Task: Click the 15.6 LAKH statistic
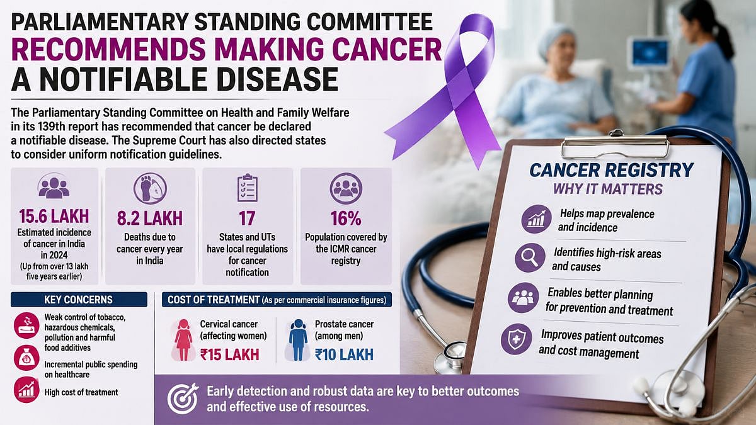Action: (54, 216)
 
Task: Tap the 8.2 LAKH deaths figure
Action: (150, 218)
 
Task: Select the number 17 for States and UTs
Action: (247, 218)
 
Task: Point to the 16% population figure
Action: (346, 218)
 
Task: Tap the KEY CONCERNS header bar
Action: (79, 300)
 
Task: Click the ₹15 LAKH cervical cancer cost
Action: (229, 354)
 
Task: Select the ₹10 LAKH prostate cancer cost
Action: (344, 354)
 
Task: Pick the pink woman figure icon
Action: (183, 340)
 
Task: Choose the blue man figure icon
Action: (299, 340)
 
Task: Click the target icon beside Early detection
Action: (183, 399)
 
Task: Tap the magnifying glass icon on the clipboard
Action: (530, 258)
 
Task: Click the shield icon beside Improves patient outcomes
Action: (517, 339)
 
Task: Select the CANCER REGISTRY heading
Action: (612, 169)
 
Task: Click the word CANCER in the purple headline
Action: (387, 49)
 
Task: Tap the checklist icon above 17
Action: (248, 188)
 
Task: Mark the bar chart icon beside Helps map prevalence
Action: (537, 219)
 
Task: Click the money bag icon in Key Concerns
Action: (26, 358)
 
